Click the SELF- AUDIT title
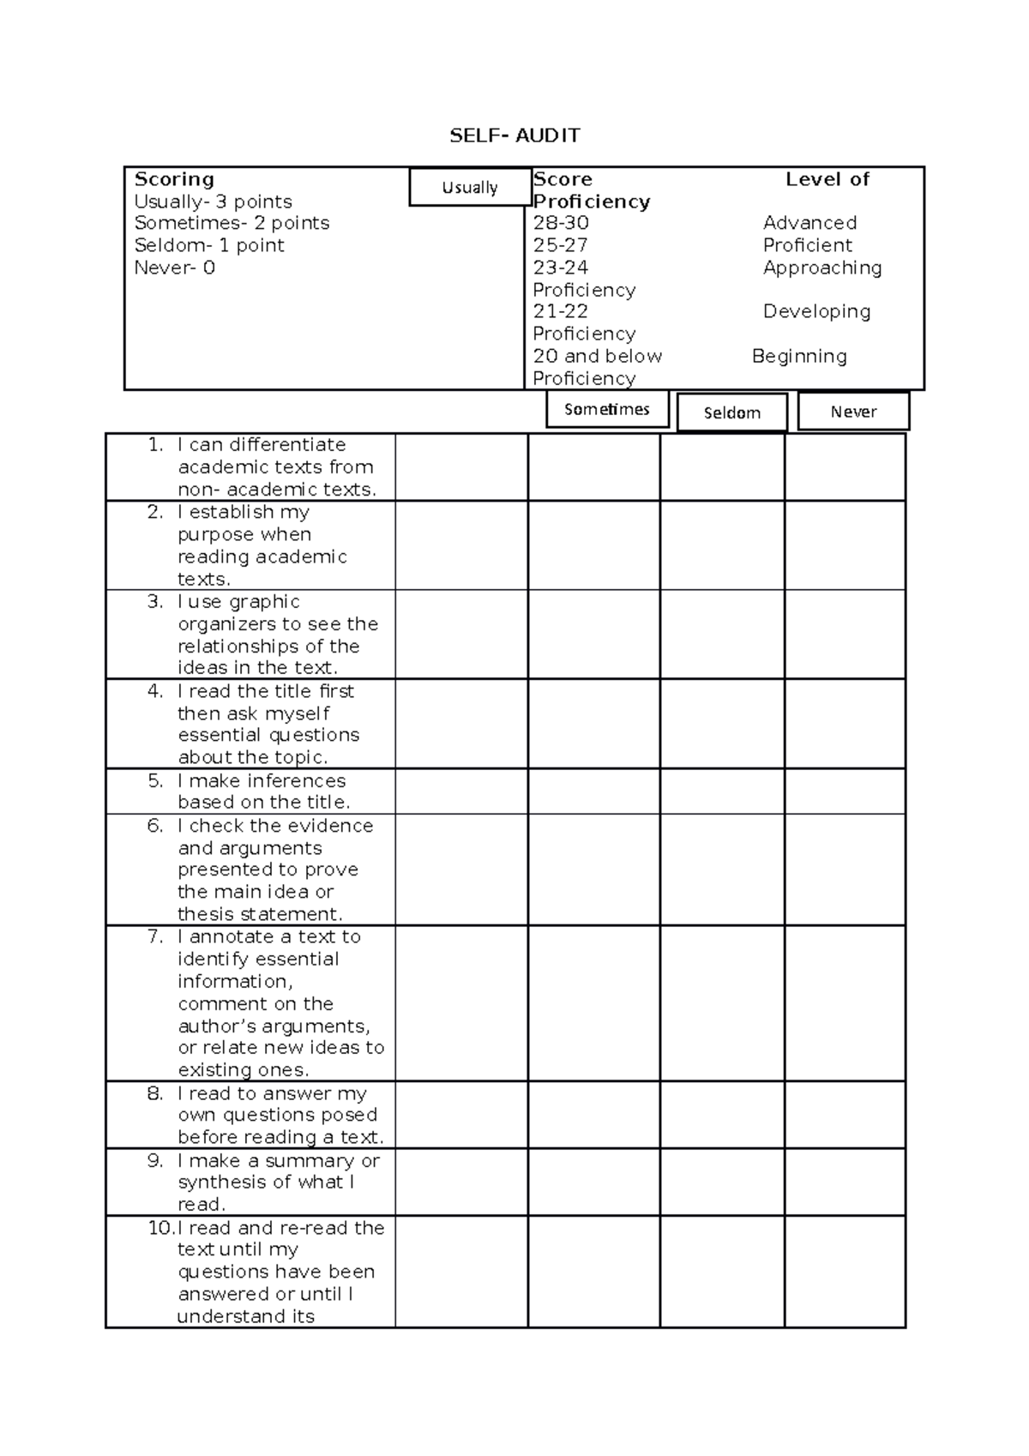[515, 135]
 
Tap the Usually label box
[470, 188]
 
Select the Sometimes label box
[607, 409]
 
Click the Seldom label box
[731, 412]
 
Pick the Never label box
[853, 412]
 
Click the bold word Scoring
[174, 179]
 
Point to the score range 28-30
[561, 223]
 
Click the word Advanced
[809, 223]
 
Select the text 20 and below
[597, 356]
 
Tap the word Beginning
[799, 356]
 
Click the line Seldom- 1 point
[209, 245]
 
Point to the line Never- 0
[175, 268]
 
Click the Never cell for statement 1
[845, 467]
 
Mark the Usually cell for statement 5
[461, 791]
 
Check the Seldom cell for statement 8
[722, 1115]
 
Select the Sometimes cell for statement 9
[593, 1182]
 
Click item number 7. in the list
[155, 936]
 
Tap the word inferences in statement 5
[295, 781]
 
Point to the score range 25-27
[560, 245]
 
